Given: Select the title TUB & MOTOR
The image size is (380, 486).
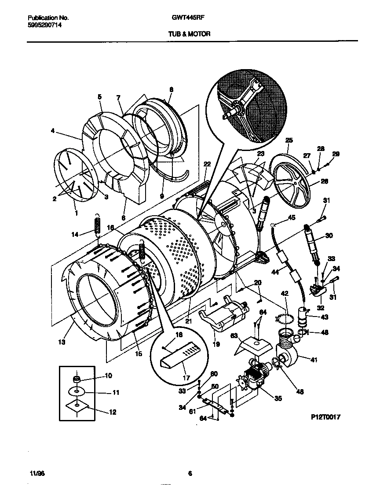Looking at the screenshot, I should point(190,33).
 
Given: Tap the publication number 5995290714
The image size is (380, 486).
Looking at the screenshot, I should point(44,26).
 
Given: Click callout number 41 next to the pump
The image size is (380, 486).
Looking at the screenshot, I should point(314,360).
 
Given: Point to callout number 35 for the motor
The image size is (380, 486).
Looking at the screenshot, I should point(278,399).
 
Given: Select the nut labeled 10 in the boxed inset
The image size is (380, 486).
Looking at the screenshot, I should point(77,379).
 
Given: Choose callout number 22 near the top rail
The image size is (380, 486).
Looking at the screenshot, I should point(207,164).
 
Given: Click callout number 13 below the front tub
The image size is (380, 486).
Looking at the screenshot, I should point(62,342).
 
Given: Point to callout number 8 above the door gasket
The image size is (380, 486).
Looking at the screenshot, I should point(171,89).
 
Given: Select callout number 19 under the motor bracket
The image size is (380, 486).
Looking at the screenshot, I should point(216,345).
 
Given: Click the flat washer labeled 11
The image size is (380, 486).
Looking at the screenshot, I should point(77,391).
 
